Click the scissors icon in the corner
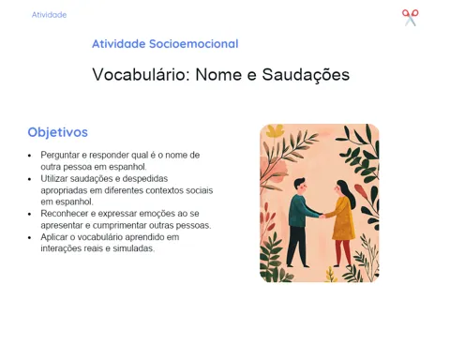click(x=411, y=18)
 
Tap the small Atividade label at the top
click(x=49, y=15)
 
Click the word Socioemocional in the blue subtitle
click(x=194, y=44)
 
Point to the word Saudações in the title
click(x=306, y=75)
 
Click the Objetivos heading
click(x=58, y=132)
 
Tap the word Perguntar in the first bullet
click(x=60, y=156)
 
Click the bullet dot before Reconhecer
click(x=30, y=214)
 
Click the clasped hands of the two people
click(x=322, y=216)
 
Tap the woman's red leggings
click(x=343, y=251)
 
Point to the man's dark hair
click(x=299, y=182)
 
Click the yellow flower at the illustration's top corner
click(x=275, y=131)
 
